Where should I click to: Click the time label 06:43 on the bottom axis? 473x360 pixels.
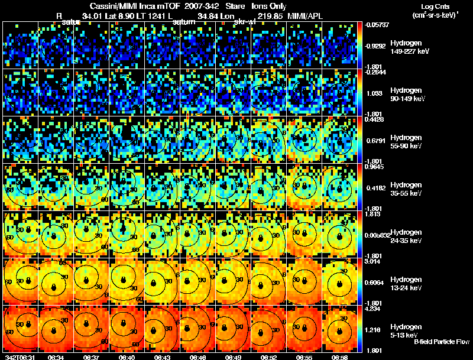[162, 357]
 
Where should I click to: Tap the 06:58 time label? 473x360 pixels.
[339, 357]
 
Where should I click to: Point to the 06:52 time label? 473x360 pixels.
[268, 357]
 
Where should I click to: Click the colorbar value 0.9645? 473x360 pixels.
[372, 167]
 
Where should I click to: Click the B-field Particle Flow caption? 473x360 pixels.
[441, 342]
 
